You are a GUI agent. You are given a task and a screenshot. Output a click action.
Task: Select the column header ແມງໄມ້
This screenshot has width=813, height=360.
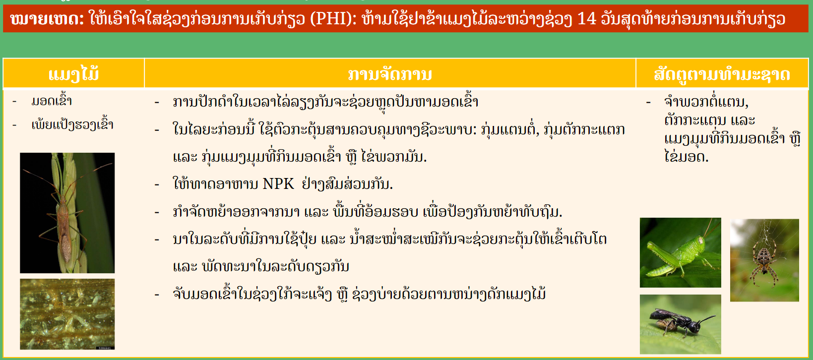click(74, 74)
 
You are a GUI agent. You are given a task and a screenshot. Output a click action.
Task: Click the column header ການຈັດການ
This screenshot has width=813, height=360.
click(390, 74)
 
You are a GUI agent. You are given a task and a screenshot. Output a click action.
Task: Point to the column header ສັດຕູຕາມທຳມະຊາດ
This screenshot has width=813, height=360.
click(722, 75)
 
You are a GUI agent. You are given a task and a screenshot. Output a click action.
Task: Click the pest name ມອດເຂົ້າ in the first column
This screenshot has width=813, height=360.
click(52, 101)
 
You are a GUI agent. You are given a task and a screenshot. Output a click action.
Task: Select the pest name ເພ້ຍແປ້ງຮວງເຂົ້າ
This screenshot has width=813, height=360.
click(72, 125)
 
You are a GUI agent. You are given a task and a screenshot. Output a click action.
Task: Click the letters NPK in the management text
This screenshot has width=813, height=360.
click(278, 184)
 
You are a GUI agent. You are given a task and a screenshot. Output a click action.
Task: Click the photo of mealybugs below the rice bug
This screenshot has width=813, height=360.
click(67, 314)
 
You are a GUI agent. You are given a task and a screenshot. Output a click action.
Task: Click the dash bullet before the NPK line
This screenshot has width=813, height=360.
click(157, 185)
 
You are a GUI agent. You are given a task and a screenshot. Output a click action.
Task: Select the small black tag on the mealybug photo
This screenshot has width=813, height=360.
click(106, 348)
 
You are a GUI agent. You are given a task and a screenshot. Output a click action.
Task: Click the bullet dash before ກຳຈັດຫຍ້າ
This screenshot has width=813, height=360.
click(157, 212)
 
